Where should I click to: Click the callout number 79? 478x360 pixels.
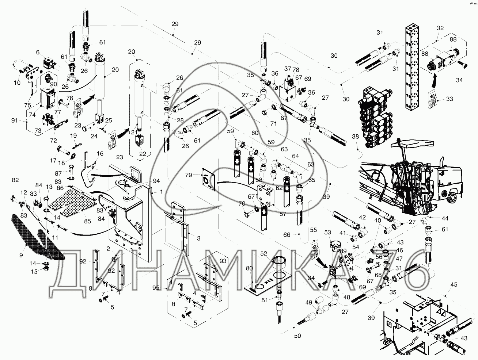[x=199, y=175]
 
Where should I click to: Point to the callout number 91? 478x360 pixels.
[x=15, y=120]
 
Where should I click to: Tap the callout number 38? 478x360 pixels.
[x=355, y=136]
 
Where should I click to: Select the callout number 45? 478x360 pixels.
[x=454, y=284]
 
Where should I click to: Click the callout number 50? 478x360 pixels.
[x=298, y=336]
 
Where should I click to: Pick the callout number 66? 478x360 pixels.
[x=287, y=235]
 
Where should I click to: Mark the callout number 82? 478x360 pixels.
[x=15, y=180]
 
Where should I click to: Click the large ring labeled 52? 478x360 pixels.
[x=280, y=260]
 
